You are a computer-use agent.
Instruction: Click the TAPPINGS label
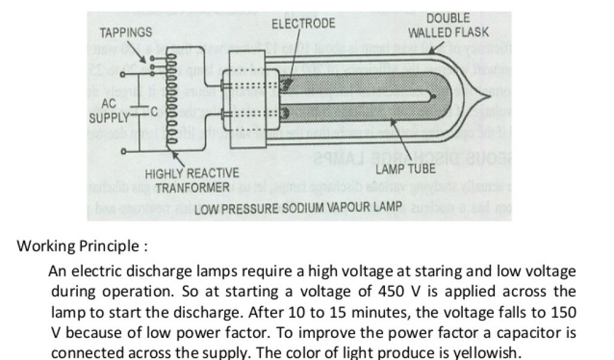click(x=126, y=32)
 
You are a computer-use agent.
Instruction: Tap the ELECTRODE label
click(x=303, y=24)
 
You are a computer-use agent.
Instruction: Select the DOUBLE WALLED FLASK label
click(x=449, y=25)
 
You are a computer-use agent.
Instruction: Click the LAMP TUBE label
click(x=414, y=168)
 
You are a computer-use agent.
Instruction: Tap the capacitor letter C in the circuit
click(x=154, y=110)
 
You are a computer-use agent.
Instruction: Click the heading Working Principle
click(x=82, y=246)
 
